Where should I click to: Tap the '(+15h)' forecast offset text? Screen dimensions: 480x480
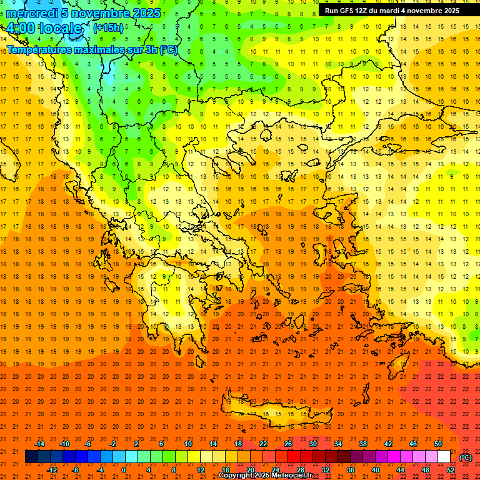[108, 28]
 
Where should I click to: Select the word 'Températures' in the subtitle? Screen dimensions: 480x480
[39, 49]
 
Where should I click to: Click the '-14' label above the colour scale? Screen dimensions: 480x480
[40, 444]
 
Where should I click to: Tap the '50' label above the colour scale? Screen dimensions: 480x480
[437, 444]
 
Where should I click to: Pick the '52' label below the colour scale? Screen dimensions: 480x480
[451, 470]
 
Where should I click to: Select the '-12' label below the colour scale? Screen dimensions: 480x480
[52, 470]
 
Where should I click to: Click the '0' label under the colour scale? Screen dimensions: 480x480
[123, 470]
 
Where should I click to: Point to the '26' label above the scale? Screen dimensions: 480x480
[287, 444]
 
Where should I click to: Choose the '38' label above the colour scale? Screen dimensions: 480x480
[362, 444]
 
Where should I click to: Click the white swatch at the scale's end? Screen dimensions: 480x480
[444, 457]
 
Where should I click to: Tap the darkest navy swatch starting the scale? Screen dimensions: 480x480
[31, 457]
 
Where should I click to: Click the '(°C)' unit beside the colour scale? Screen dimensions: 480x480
[466, 457]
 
